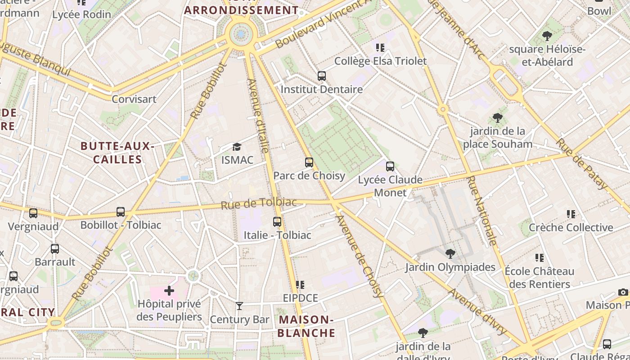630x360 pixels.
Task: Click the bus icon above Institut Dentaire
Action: (321, 76)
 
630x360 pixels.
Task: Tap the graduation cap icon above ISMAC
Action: (237, 147)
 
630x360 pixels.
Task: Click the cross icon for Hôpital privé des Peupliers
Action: (169, 291)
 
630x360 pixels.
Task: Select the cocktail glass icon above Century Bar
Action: (239, 306)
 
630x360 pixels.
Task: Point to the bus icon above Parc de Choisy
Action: (309, 162)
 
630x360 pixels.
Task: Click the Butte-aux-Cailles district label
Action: (117, 153)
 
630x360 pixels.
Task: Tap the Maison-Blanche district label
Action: (307, 326)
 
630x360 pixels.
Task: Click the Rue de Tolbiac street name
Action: (259, 203)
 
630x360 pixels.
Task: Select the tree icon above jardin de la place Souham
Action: (497, 118)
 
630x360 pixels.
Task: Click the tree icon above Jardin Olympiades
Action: (450, 254)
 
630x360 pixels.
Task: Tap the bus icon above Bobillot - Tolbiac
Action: (121, 211)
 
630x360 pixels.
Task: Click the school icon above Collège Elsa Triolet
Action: (380, 47)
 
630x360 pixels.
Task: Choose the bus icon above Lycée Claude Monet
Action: (390, 166)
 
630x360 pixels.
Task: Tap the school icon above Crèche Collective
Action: (571, 214)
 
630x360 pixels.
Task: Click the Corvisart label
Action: (134, 99)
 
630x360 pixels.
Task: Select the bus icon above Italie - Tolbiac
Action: (277, 221)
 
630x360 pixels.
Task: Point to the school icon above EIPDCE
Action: (300, 284)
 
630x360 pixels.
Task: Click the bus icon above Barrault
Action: (55, 248)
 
